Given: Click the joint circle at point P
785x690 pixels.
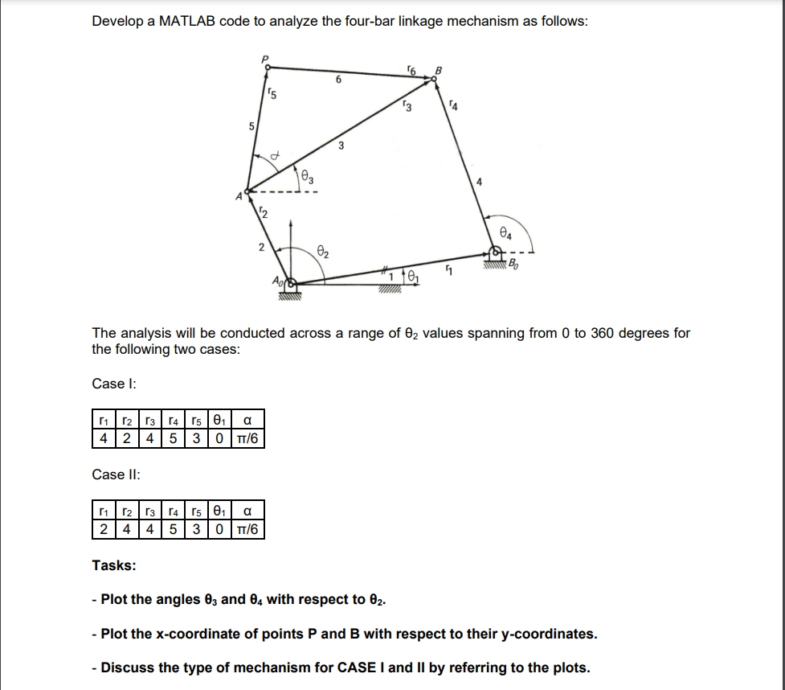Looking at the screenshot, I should [266, 69].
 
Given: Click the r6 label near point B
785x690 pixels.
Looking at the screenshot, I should [413, 72].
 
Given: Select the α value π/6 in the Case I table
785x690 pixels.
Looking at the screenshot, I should [248, 439].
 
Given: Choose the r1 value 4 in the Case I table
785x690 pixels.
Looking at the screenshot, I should [103, 439].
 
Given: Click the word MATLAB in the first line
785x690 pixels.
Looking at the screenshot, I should [184, 21].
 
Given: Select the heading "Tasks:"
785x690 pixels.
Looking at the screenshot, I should [113, 565].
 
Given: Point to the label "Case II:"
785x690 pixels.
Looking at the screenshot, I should [116, 474].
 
